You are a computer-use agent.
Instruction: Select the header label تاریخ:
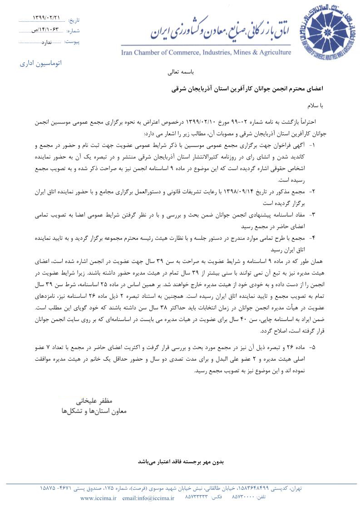click(73, 20)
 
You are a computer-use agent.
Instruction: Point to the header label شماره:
click(73, 31)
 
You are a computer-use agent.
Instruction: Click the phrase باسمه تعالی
click(181, 72)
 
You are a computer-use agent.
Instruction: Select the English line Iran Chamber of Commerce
click(206, 53)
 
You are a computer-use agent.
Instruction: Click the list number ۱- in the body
click(312, 146)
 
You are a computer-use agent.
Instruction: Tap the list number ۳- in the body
click(312, 214)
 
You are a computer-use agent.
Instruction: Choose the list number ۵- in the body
click(312, 347)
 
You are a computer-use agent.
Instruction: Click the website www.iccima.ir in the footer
click(98, 498)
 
